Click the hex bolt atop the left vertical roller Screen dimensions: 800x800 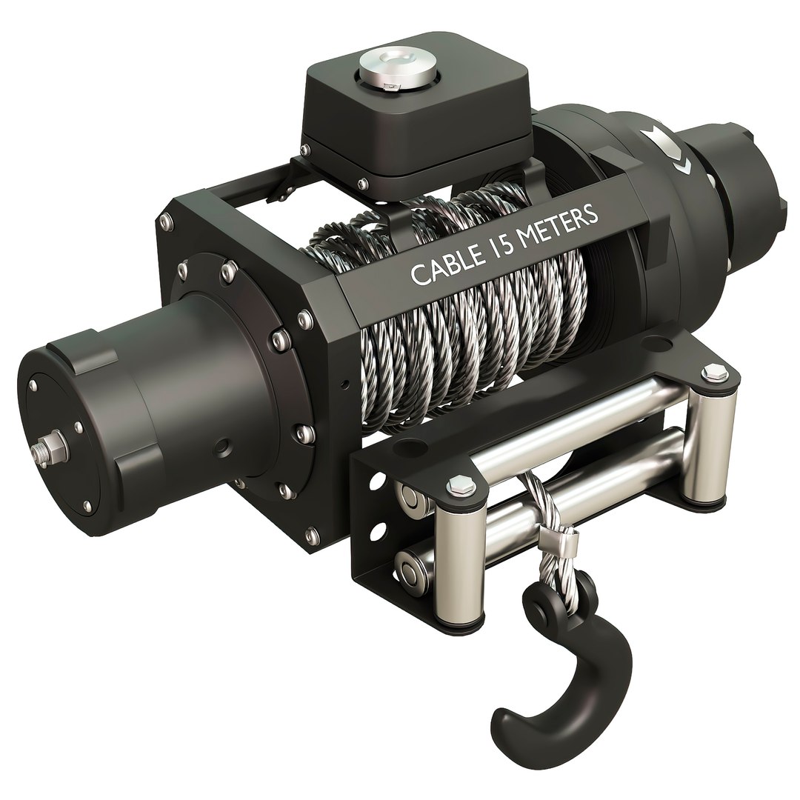click(457, 486)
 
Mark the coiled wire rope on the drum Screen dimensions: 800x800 click(474, 333)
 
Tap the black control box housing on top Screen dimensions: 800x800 click(415, 126)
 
